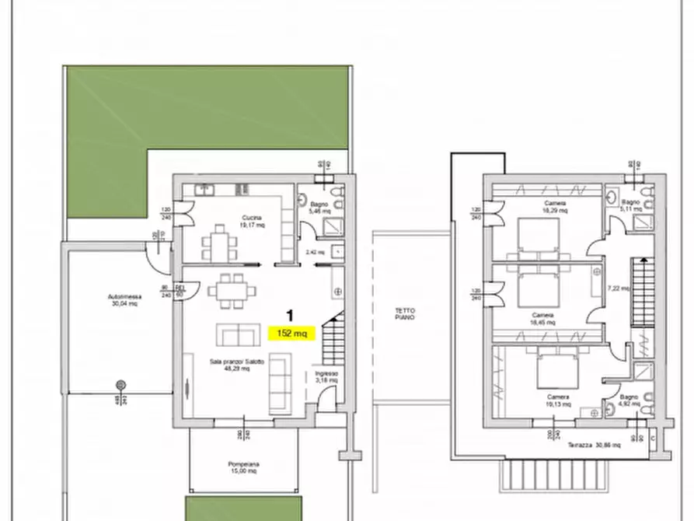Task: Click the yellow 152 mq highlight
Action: click(x=291, y=333)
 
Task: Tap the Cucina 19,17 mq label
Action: click(x=251, y=222)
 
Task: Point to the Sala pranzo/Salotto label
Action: click(x=236, y=365)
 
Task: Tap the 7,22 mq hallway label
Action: click(x=617, y=288)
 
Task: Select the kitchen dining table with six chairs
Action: click(x=218, y=245)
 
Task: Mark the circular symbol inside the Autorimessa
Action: click(x=120, y=385)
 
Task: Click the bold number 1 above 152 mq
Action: click(x=290, y=316)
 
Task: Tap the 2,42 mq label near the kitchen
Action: click(x=315, y=252)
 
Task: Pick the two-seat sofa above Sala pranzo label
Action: click(x=238, y=335)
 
